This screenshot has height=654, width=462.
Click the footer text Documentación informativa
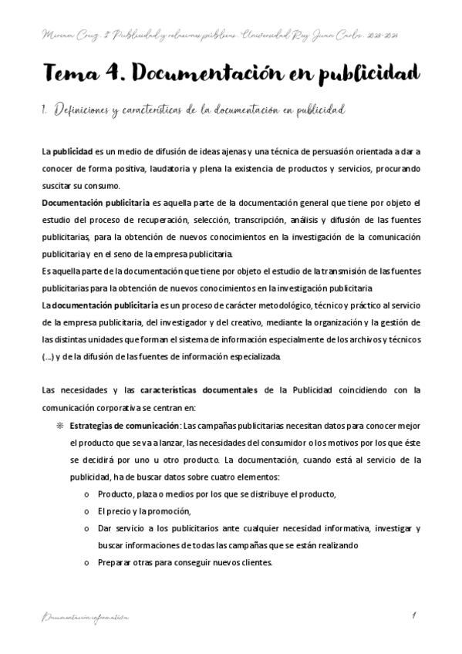tap(86, 617)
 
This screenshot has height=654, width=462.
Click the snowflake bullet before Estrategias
tap(58, 425)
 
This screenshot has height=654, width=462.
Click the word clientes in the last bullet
tap(255, 562)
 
